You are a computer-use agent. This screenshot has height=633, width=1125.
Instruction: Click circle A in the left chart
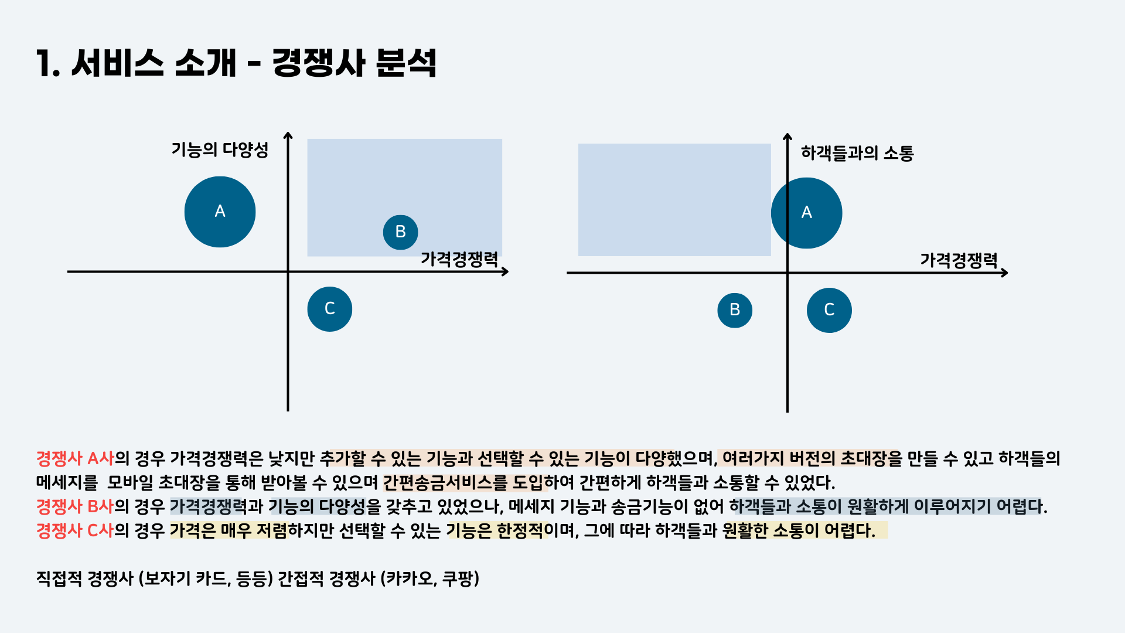click(x=220, y=212)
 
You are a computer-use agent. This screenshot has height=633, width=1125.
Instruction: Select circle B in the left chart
click(x=400, y=232)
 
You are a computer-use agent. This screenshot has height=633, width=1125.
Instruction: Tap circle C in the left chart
click(x=329, y=309)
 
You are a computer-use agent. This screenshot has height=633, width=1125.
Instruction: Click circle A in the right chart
click(x=806, y=213)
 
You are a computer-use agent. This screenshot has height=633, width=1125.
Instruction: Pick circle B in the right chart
click(x=734, y=310)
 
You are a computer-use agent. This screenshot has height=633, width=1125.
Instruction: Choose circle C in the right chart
click(x=829, y=310)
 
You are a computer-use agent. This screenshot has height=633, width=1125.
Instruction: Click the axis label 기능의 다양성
click(x=220, y=150)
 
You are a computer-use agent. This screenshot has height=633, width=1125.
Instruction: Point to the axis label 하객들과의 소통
click(x=857, y=154)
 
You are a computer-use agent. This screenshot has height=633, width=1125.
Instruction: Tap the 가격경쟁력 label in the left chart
click(x=459, y=259)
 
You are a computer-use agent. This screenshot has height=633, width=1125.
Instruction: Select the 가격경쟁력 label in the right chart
click(x=958, y=260)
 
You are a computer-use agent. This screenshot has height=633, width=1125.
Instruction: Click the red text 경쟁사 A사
click(x=75, y=458)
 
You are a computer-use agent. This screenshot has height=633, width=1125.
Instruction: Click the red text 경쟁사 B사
click(x=75, y=506)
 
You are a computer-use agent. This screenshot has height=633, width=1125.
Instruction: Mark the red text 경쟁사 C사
click(x=75, y=530)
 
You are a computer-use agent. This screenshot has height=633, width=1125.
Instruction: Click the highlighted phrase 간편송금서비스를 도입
click(x=463, y=482)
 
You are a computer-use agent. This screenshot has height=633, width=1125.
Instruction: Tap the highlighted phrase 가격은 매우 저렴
click(x=229, y=530)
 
